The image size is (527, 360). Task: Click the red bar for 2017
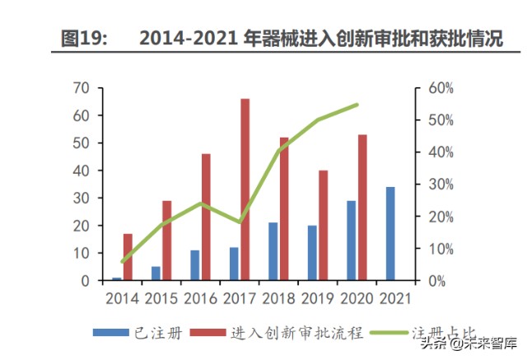click(245, 189)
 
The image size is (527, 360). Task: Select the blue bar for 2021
click(390, 234)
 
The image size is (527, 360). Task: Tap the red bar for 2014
click(128, 257)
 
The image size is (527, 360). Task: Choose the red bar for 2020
click(363, 208)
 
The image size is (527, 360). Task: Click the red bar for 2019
click(324, 225)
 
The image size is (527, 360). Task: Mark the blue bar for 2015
click(156, 274)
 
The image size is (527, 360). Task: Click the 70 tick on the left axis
click(81, 88)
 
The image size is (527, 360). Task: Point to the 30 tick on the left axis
click(81, 199)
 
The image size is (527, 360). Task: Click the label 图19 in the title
click(82, 38)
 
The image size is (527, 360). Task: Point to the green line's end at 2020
click(357, 105)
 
